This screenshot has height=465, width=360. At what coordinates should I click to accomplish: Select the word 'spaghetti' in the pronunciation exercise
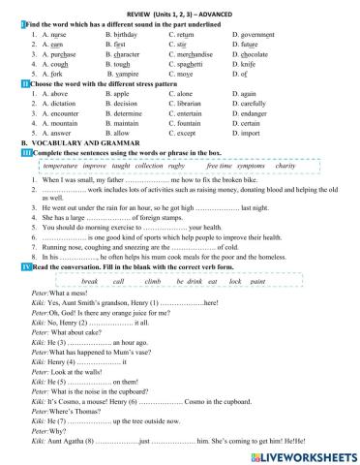pos(191,62)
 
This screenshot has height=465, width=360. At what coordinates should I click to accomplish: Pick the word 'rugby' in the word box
pos(176,167)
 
